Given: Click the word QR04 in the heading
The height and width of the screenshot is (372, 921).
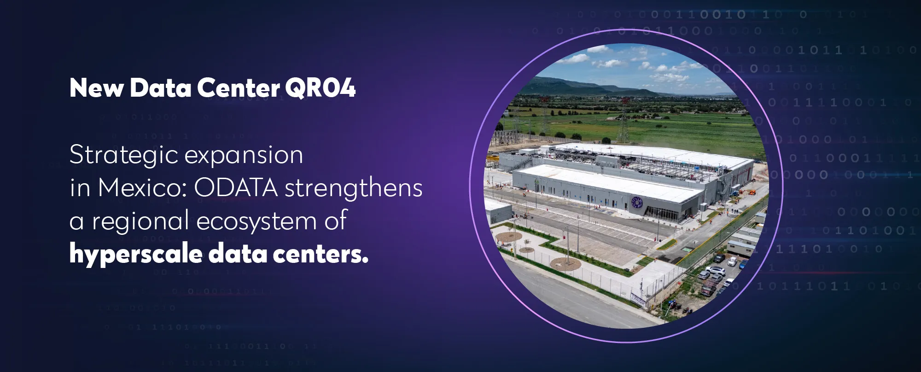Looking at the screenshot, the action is (320, 87).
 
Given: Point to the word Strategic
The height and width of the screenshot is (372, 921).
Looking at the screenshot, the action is (124, 155).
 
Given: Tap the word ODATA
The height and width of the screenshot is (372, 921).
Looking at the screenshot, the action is (236, 188).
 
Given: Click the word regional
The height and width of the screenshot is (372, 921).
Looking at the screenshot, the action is (140, 221).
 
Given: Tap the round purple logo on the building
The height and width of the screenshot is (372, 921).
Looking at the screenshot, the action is (637, 202).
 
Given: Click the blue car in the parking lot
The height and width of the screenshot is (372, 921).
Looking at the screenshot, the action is (742, 264).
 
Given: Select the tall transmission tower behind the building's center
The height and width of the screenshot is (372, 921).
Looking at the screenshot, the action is (623, 120).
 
